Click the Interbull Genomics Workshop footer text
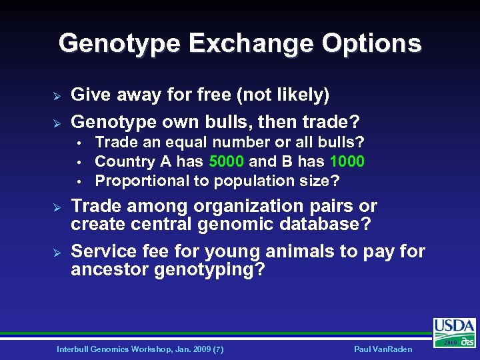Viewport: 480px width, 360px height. coord(140,349)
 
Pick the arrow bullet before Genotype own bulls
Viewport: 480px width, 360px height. coord(57,123)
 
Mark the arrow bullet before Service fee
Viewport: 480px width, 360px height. coord(57,252)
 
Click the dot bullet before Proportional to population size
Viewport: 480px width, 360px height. coord(79,181)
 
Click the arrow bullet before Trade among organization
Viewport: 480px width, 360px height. coord(57,207)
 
